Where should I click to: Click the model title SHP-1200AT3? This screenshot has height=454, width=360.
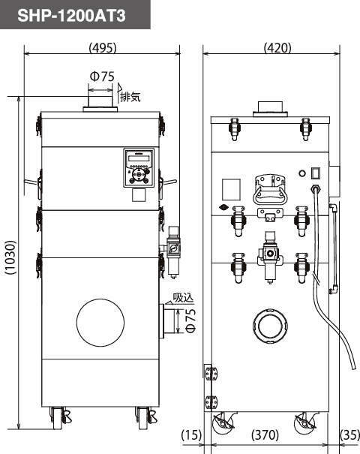tap(71, 15)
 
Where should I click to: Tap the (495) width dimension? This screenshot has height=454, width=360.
tap(103, 47)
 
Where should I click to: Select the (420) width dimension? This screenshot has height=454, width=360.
tap(277, 47)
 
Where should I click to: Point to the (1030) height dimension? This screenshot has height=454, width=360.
tap(11, 257)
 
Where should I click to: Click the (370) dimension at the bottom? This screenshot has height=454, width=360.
tap(265, 435)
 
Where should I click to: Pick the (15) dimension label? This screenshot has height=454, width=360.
tap(191, 435)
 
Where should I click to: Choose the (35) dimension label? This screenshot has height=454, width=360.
tap(349, 435)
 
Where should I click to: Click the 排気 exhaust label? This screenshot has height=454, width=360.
tap(130, 96)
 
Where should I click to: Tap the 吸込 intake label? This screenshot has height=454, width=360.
tap(183, 298)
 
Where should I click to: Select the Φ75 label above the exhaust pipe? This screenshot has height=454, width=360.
tap(102, 77)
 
